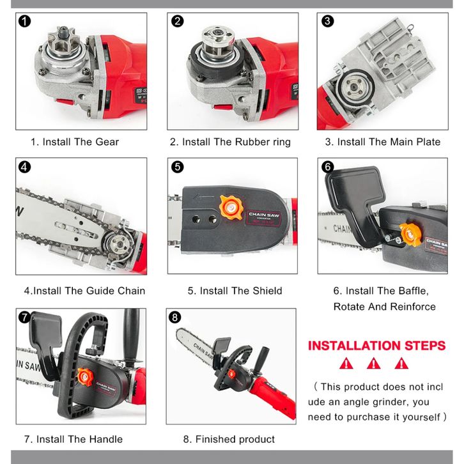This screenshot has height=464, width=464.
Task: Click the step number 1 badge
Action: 24,21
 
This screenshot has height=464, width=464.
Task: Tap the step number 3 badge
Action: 327,21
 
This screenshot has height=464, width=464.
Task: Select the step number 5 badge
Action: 177,167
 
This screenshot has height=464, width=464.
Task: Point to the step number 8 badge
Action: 174,318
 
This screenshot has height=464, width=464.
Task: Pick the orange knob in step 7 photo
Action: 85,377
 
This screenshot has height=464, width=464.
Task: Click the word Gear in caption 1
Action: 107,142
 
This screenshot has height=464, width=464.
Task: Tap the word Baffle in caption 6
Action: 413,291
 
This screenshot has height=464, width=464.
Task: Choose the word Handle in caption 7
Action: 105,439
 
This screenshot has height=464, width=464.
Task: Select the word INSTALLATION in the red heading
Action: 354,346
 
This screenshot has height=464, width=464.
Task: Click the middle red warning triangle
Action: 373,364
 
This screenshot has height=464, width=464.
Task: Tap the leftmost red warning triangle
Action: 346,364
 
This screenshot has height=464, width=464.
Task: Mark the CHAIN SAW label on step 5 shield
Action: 264,215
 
